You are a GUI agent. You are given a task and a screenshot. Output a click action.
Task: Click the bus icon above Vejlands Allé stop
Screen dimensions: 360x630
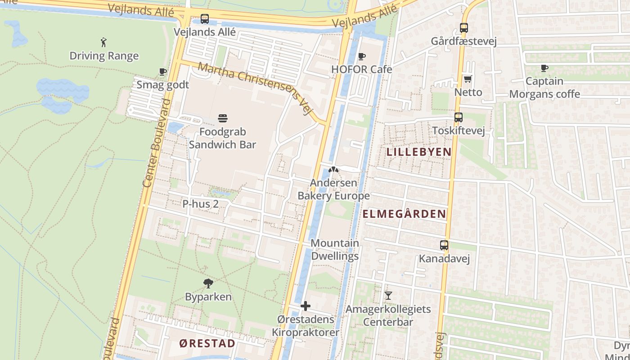(205, 19)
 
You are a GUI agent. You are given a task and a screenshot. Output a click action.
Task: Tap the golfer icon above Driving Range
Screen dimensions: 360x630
(104, 43)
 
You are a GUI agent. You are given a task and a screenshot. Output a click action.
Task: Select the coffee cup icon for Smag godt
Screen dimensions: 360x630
(163, 72)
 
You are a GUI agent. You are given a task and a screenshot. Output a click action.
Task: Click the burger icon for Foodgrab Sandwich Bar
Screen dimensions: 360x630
(223, 118)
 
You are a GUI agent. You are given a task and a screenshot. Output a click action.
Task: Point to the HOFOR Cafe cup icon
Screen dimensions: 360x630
(361, 56)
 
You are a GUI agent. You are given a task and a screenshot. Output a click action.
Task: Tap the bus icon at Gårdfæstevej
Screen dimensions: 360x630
(464, 28)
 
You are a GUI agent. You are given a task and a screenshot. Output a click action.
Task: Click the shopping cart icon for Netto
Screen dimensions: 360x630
(468, 79)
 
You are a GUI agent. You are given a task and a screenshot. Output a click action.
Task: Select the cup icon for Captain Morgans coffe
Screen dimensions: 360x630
(544, 68)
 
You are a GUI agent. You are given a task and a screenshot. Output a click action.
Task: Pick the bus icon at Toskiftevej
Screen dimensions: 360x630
(458, 117)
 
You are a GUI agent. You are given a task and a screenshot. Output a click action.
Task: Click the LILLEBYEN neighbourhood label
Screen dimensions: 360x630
(419, 152)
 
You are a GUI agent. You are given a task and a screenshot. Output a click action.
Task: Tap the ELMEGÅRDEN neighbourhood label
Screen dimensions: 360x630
(404, 214)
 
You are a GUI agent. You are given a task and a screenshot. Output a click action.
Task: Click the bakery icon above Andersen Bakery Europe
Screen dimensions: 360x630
(333, 170)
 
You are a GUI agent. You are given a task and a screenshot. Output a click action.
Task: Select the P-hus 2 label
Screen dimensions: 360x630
(200, 204)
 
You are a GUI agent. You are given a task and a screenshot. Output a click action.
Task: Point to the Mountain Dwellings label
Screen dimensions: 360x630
(335, 250)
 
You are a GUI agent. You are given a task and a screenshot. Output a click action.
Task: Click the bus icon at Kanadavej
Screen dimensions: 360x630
(444, 245)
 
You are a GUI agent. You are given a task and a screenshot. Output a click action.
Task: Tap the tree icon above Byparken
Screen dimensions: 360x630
(208, 283)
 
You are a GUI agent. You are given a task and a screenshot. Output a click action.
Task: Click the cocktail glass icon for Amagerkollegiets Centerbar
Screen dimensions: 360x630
(388, 296)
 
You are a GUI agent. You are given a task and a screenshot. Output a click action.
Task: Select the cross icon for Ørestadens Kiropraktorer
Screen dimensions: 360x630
(306, 306)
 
